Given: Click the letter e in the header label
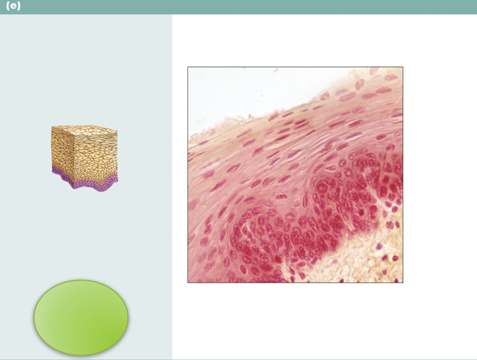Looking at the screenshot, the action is pyautogui.click(x=13, y=6).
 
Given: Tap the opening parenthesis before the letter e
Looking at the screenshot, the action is pyautogui.click(x=8, y=6).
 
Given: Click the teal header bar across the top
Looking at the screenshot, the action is pyautogui.click(x=238, y=7).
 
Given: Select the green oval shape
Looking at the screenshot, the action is pyautogui.click(x=81, y=317).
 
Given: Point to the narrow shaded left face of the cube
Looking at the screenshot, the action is pyautogui.click(x=59, y=149).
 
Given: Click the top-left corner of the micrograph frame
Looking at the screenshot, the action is pyautogui.click(x=188, y=67).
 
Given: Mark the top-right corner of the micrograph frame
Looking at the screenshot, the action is pyautogui.click(x=403, y=67).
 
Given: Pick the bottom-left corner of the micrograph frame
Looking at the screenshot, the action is pyautogui.click(x=188, y=283).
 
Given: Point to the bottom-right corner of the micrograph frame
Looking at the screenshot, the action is pyautogui.click(x=403, y=283).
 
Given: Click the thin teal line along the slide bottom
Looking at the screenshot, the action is pyautogui.click(x=238, y=359).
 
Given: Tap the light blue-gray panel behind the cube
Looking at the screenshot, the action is pyautogui.click(x=86, y=76).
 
